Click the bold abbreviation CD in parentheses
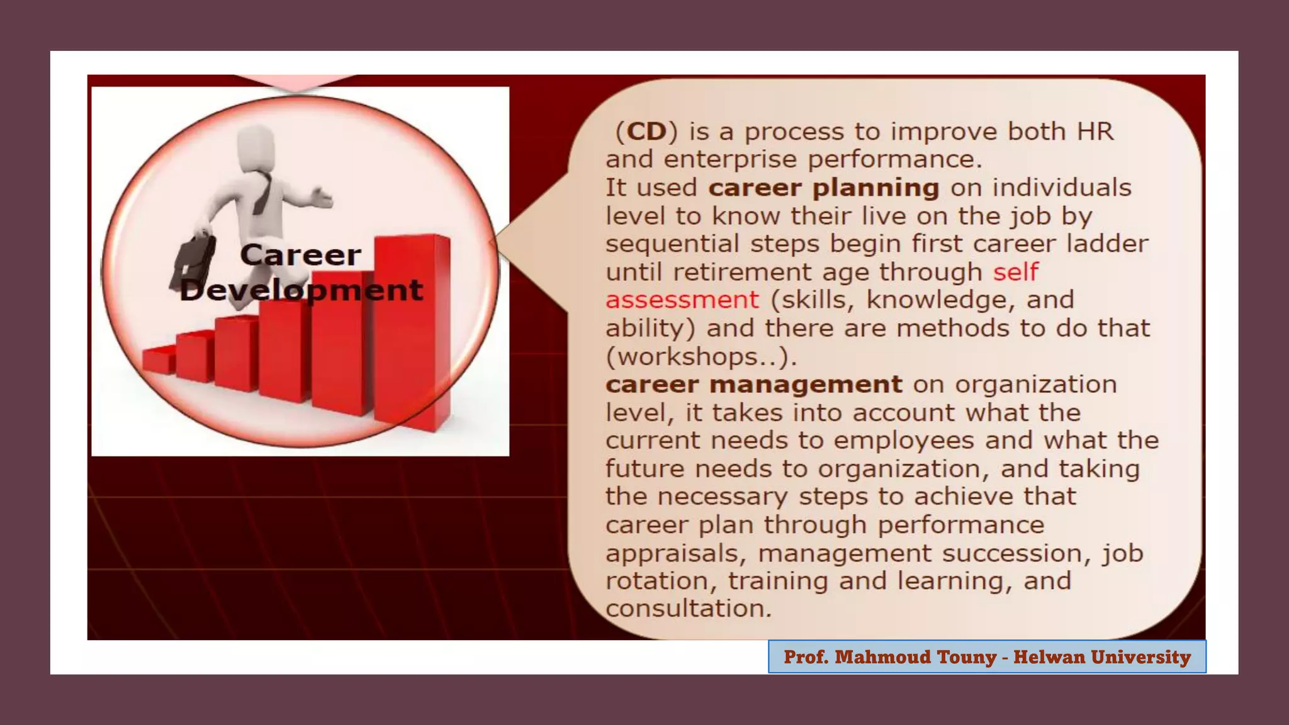point(646,132)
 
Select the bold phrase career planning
point(823,188)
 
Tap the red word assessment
point(682,300)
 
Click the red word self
point(1015,272)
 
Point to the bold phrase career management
point(753,385)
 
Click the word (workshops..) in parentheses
point(701,357)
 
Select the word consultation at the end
point(688,609)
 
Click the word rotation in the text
point(661,581)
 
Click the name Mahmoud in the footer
point(884,657)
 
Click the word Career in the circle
point(300,255)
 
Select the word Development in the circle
point(301,290)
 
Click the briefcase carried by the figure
point(193,262)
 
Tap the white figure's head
point(256,147)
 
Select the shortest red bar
point(158,360)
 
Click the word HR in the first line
point(1095,132)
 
